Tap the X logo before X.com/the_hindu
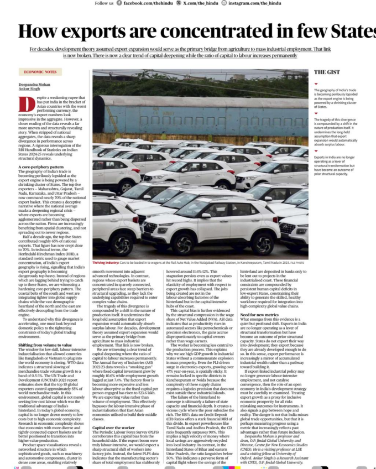pos(178,3)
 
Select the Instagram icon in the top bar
pos(223,3)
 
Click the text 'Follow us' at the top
pos(104,3)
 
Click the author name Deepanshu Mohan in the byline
pos(33,84)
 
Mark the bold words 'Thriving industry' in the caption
pos(105,263)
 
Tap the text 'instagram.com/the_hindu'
pos(255,3)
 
